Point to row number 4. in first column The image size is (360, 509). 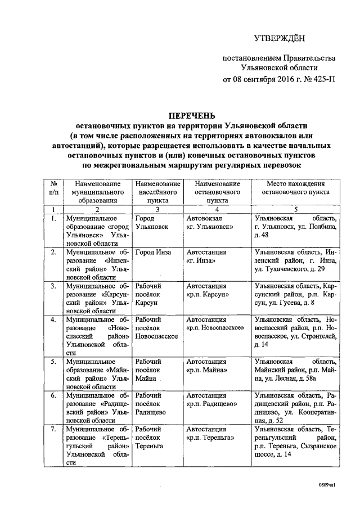tap(52, 320)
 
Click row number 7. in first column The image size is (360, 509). tap(52, 429)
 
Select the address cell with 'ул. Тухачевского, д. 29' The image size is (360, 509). tap(295, 260)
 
